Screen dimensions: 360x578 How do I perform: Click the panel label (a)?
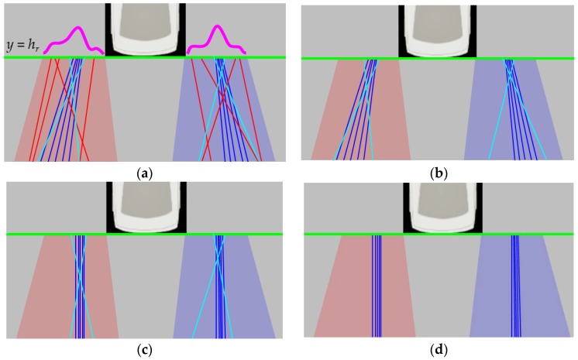click(x=145, y=174)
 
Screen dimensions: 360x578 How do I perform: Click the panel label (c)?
click(x=145, y=350)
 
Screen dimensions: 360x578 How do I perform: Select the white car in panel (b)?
click(x=437, y=29)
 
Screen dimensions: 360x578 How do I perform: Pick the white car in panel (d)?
click(x=437, y=209)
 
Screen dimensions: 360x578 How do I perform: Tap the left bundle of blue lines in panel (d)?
click(x=377, y=286)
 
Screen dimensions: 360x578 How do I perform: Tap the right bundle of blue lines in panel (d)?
click(x=514, y=286)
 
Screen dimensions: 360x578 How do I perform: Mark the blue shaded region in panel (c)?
click(x=248, y=302)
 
